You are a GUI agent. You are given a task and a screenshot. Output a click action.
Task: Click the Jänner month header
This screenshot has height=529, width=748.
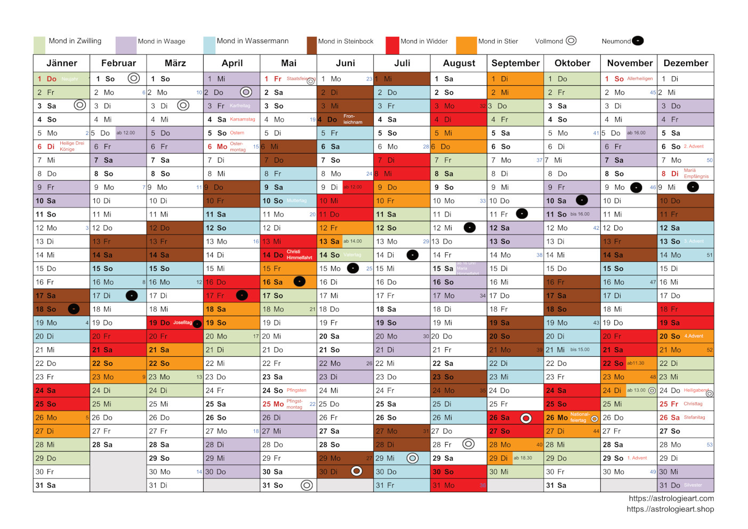61,63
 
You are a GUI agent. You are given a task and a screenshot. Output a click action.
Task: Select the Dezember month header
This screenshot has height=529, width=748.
686,63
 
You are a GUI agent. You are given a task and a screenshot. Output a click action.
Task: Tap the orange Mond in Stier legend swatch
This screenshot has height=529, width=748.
467,45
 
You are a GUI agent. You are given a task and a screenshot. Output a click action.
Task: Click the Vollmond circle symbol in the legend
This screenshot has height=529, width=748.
571,41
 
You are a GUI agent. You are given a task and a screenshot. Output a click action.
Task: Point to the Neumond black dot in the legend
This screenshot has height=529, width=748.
638,41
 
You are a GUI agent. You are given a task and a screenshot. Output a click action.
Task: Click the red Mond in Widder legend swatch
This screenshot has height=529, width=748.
392,45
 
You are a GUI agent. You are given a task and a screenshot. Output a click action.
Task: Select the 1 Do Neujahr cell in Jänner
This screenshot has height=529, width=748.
61,79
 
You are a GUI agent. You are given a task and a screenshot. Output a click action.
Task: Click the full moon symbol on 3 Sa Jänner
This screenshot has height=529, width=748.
79,105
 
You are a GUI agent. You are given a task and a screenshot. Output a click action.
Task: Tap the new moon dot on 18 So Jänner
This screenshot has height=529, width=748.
74,309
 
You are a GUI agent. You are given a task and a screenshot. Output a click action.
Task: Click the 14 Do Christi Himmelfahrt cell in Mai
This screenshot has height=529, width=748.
288,255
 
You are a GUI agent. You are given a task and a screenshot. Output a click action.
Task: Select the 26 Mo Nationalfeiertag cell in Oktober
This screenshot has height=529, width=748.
572,418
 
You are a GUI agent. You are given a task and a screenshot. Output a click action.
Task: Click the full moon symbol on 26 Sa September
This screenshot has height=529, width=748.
526,418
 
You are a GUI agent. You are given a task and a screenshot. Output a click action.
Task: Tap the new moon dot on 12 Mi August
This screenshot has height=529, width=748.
469,228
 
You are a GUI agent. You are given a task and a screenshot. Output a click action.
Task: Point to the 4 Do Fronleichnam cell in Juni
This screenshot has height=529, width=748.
345,119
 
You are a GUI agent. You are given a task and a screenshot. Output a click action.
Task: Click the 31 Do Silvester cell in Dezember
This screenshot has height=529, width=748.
686,485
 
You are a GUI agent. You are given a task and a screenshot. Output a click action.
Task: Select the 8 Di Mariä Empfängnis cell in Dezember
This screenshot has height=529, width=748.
686,174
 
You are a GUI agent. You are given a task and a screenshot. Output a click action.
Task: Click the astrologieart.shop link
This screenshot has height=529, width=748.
670,509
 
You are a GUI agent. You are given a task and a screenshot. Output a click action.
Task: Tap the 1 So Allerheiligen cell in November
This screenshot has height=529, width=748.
629,79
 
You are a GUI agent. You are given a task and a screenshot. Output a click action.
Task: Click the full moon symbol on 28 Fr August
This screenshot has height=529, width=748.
468,444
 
